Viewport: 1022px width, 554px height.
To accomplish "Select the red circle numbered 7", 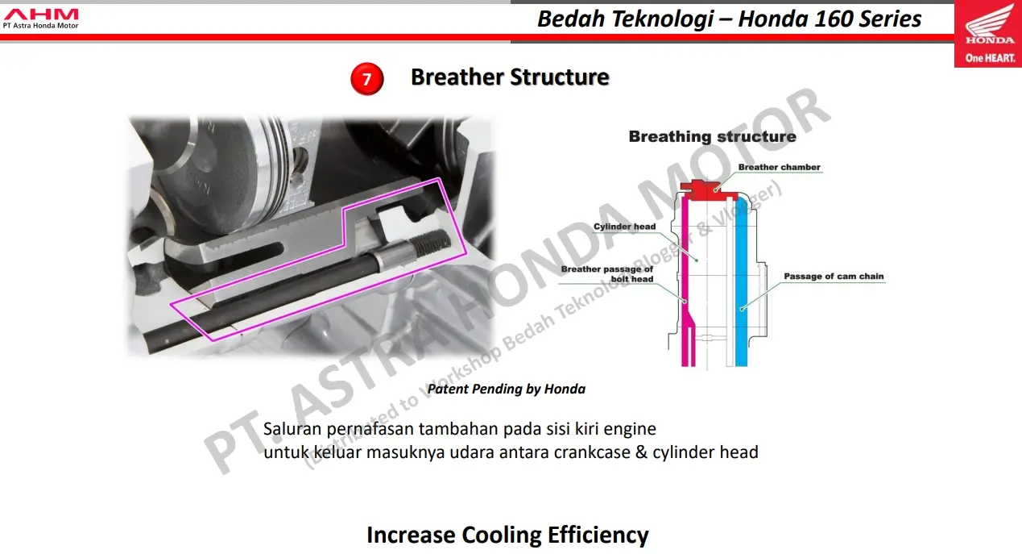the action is (366, 79).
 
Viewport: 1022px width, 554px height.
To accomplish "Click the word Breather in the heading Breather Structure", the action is (457, 77).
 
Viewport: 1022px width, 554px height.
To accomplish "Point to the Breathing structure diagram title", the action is (712, 136).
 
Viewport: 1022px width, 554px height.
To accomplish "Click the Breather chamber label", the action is (779, 167).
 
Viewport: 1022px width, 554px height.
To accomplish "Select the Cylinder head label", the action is (624, 227).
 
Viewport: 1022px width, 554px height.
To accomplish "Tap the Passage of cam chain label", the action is (834, 277).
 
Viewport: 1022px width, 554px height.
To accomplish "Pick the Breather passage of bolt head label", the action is (606, 274).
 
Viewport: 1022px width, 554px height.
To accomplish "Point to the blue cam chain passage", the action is (742, 283).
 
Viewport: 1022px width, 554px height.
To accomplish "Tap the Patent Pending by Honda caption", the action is (507, 389).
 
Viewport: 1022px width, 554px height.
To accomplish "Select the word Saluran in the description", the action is (292, 429).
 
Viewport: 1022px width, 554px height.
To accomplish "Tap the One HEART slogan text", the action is (990, 58).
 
